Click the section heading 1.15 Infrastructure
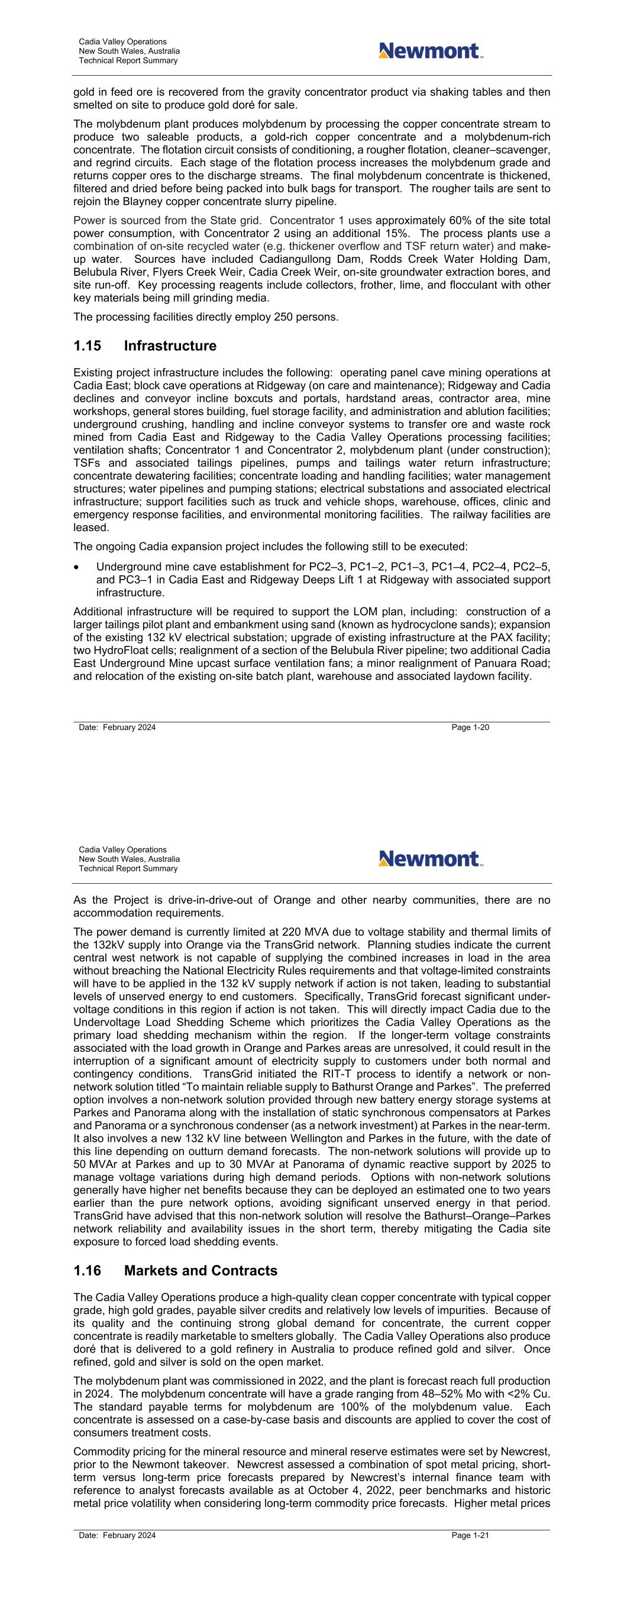point(144,346)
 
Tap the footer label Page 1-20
point(470,727)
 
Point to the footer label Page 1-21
point(470,1535)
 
